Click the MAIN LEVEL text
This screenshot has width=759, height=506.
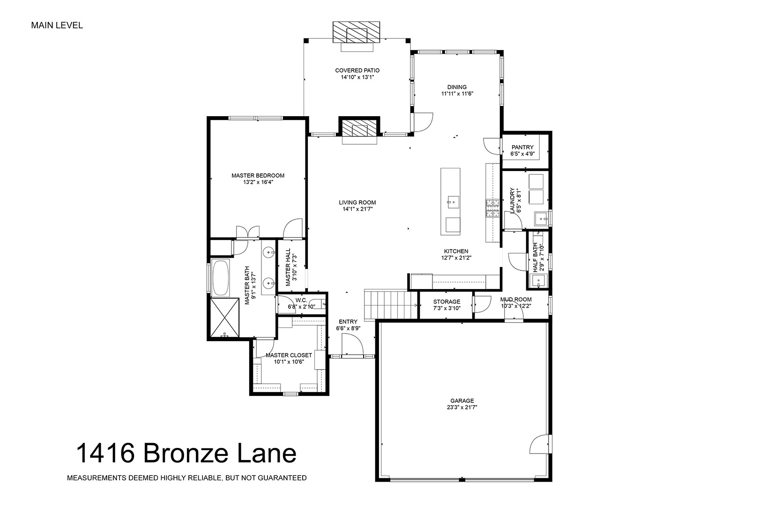[x=57, y=25]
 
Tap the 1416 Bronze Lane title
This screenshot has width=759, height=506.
[x=186, y=454]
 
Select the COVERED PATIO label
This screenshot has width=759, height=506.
[x=357, y=70]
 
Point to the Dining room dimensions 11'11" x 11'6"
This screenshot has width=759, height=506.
[x=457, y=94]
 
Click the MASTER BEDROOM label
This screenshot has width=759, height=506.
[x=258, y=176]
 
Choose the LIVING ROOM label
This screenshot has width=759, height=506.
[x=357, y=203]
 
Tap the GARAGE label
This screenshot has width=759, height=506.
[x=462, y=401]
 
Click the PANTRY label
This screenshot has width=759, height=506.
[x=522, y=148]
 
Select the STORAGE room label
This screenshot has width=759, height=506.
[x=446, y=302]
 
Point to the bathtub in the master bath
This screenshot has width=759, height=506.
[x=220, y=278]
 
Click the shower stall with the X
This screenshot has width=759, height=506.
[x=225, y=318]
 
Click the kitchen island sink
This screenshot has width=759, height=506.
[x=453, y=203]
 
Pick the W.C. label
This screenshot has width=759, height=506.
[x=301, y=300]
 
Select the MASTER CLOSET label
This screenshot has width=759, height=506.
[x=289, y=355]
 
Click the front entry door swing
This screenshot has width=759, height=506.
[x=352, y=345]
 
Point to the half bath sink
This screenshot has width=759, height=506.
[x=538, y=281]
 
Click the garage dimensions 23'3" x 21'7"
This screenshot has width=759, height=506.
[x=462, y=407]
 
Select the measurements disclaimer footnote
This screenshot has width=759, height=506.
[x=186, y=478]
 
